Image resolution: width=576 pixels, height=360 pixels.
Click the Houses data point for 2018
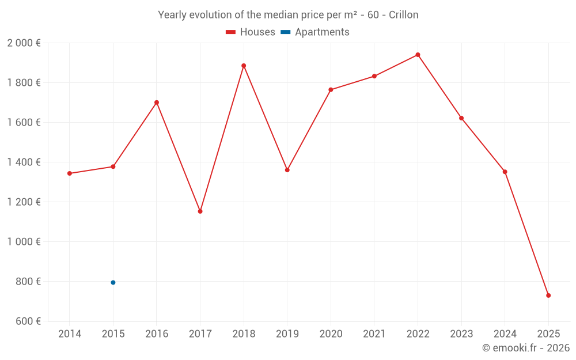pos(244,66)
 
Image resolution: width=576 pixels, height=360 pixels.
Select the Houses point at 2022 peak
pos(418,55)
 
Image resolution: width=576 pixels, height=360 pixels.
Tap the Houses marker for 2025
pos(548,295)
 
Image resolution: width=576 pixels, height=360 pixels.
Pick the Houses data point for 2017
pos(200,211)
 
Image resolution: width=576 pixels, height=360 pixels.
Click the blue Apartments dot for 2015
pos(113,282)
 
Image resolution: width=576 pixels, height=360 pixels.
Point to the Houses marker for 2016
pos(157,103)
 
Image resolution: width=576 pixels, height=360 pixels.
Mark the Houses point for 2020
pos(331,90)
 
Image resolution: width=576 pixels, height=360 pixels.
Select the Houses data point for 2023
pos(461,118)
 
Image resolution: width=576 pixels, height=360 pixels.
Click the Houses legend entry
pos(251,32)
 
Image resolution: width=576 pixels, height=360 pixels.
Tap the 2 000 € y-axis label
pos(24,43)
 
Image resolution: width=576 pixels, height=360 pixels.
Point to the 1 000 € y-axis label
pos(24,242)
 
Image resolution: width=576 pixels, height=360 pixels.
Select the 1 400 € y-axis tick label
pos(24,162)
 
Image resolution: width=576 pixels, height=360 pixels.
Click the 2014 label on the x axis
pos(70,334)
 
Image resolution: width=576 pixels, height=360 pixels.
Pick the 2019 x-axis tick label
pos(287,334)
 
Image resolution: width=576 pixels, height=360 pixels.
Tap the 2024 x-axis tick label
pos(505,334)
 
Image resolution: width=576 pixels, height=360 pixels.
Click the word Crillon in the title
pos(403,15)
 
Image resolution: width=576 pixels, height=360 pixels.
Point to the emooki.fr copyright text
pos(526,348)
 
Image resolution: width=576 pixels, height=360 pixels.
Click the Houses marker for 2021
pos(374,76)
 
